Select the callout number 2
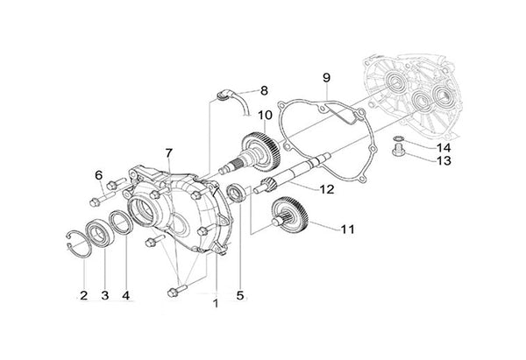click(x=84, y=294)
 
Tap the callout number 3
click(x=105, y=295)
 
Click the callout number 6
click(x=99, y=175)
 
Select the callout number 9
click(x=325, y=78)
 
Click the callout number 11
click(x=348, y=229)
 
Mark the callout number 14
click(x=419, y=147)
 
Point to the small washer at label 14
click(x=398, y=139)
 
